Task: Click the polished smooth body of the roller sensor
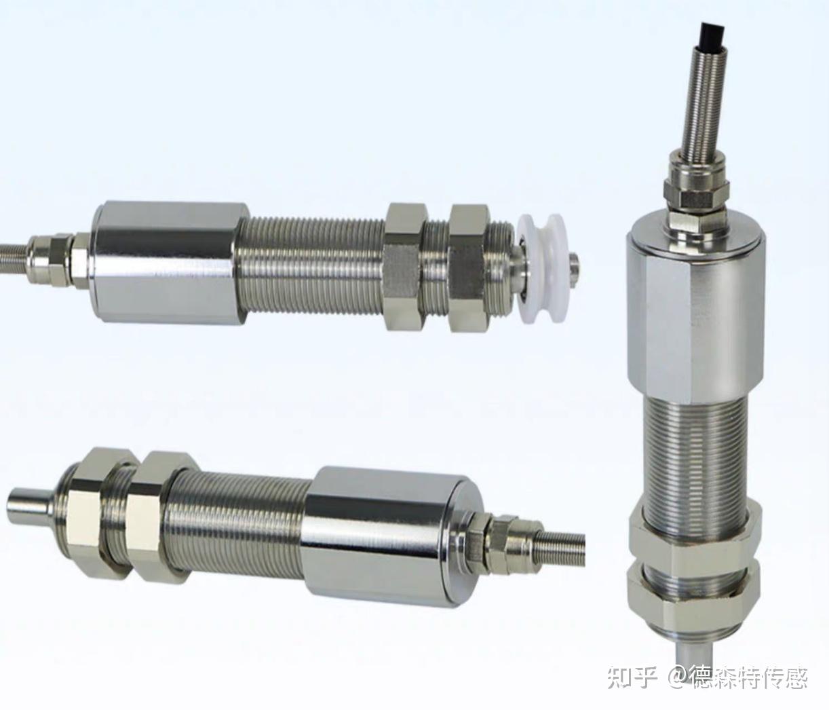pyautogui.click(x=168, y=262)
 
